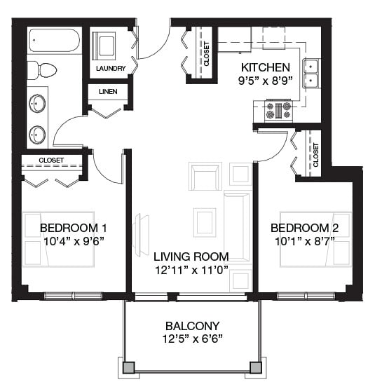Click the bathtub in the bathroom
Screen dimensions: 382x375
click(53, 41)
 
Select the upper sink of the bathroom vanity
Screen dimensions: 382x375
click(37, 104)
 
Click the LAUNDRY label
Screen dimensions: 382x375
click(111, 69)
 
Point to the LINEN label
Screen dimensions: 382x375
click(107, 93)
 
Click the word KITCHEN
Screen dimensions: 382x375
click(265, 67)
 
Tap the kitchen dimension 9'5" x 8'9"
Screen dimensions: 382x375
click(265, 81)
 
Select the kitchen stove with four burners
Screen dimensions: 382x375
click(278, 111)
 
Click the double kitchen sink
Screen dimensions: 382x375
click(310, 72)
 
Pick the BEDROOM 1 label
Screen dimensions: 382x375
click(74, 228)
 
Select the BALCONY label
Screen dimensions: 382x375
click(192, 326)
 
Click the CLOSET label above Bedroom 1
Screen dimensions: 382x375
click(51, 161)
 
